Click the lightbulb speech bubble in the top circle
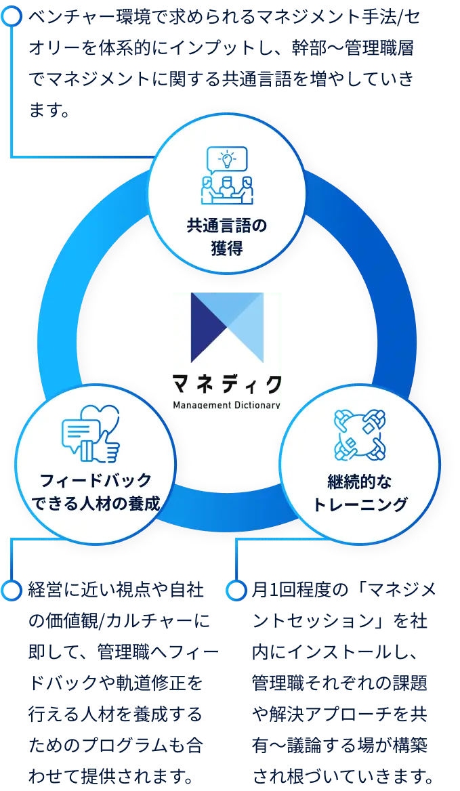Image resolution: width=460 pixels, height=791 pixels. tap(227, 160)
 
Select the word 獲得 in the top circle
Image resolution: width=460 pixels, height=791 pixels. tap(227, 248)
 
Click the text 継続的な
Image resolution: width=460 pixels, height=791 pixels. tap(360, 481)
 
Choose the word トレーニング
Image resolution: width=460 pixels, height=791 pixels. tap(360, 504)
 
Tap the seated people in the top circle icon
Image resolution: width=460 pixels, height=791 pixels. tap(227, 189)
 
